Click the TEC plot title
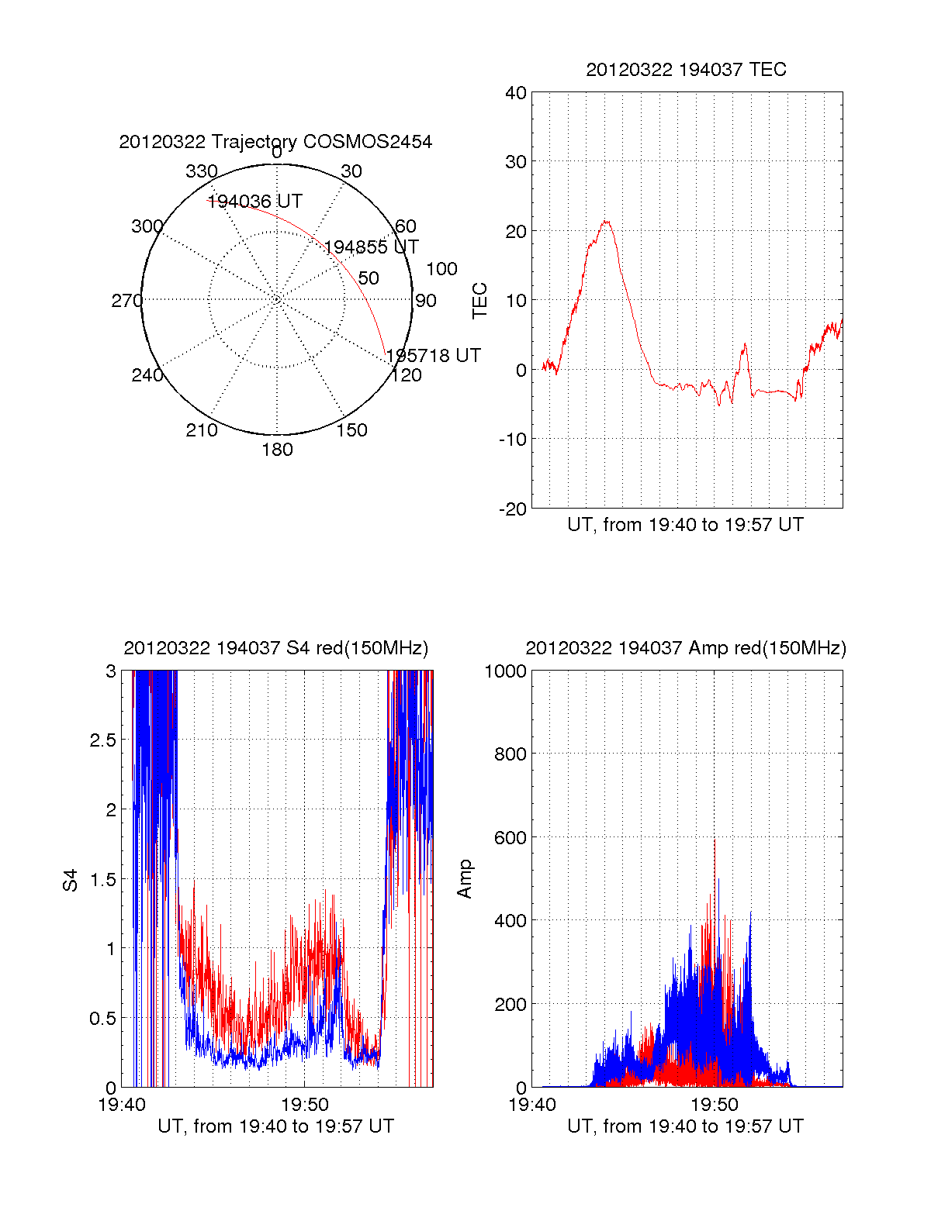point(686,70)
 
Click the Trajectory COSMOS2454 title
point(275,142)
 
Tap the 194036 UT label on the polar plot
point(254,202)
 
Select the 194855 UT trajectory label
point(371,247)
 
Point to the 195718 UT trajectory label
point(433,356)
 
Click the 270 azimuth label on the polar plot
point(126,301)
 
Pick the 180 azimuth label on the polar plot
point(277,450)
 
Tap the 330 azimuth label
point(202,171)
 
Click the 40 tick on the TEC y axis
point(516,93)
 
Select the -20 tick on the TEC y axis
point(512,509)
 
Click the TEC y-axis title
point(480,301)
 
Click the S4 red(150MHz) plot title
point(275,648)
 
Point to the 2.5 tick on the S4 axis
point(103,740)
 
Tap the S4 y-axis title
point(71,880)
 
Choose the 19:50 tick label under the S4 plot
point(305,1105)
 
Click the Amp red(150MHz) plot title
point(686,648)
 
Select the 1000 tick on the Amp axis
point(506,671)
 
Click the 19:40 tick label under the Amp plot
point(532,1105)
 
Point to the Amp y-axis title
point(465,880)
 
